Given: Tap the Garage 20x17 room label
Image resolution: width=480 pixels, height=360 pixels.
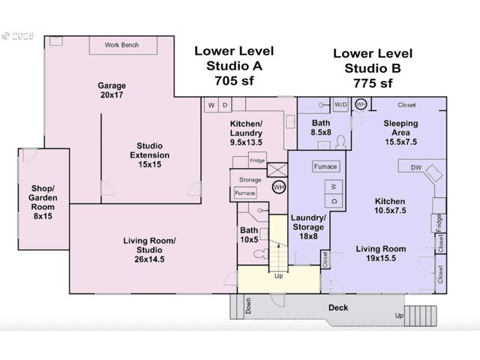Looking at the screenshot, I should (112, 90).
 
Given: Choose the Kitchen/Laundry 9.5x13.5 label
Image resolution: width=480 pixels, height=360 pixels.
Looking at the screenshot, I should (246, 133).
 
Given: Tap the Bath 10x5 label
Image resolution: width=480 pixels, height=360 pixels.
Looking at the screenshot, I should (249, 235).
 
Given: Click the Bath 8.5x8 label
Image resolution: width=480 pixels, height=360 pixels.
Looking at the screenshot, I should (321, 127).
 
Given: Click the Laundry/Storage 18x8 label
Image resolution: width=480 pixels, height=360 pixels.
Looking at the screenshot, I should (307, 227).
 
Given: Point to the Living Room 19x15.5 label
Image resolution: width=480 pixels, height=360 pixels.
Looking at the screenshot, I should (381, 253).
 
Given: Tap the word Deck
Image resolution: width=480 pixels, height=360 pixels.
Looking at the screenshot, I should (338, 307).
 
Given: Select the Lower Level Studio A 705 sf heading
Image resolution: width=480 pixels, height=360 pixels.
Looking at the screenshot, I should (234, 65).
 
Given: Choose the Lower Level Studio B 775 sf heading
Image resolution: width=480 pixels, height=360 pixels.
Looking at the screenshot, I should (373, 67).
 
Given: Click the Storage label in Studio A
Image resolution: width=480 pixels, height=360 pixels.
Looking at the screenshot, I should (250, 180).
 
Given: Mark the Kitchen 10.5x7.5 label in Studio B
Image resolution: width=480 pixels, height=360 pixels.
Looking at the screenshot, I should (390, 206).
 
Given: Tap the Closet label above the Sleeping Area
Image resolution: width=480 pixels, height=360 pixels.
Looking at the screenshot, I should (406, 105).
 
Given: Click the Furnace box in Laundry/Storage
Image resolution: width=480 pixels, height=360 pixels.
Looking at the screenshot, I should (325, 166).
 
